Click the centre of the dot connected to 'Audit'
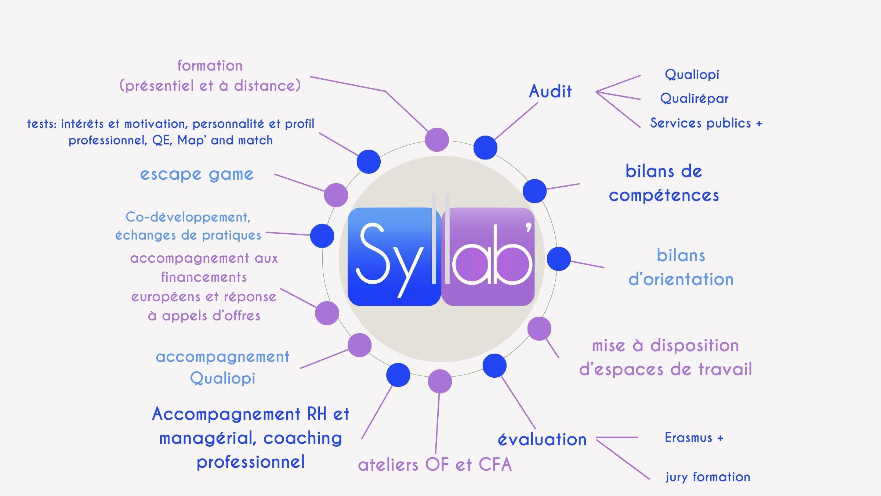coord(485,147)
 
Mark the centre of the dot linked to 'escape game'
coord(336,195)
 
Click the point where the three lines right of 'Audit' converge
coord(596,92)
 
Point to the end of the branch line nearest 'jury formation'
coord(649,479)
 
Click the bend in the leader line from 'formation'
coord(385,91)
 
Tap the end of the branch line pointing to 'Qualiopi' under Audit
coord(640,76)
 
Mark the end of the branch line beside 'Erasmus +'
coord(638,438)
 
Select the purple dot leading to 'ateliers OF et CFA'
coord(440,381)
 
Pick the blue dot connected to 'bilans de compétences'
coord(534,191)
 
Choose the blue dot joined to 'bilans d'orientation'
coord(559,259)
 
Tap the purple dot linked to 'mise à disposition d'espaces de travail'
coord(539,328)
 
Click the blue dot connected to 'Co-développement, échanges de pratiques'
coord(322,236)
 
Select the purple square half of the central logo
coord(488,256)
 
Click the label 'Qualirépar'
coord(694,98)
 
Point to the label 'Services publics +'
coord(706,123)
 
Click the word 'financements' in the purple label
coord(204,277)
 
